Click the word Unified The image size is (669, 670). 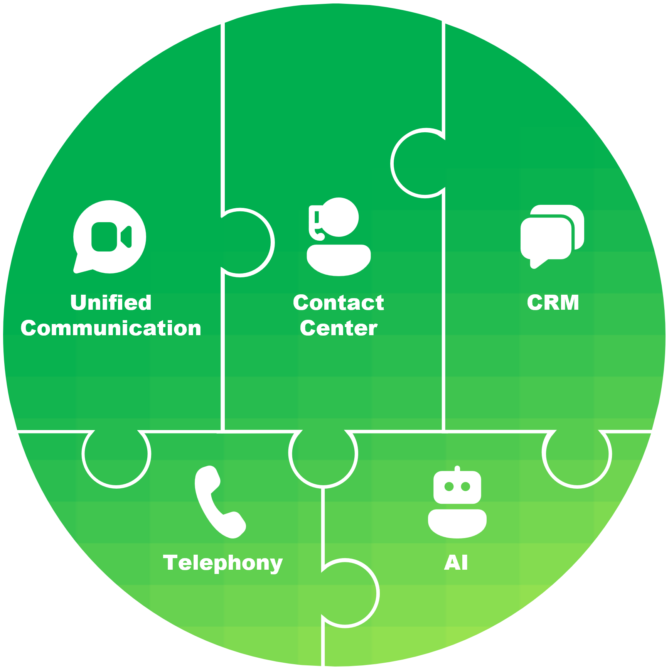111,303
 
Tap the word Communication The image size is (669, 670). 111,329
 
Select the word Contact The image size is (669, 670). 338,303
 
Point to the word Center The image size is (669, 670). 338,329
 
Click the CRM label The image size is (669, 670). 553,303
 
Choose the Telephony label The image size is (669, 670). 223,563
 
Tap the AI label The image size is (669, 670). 456,563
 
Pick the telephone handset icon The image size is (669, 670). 218,501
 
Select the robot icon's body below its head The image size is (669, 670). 457,523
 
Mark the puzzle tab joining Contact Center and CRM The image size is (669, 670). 418,163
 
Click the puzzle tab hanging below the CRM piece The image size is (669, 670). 577,457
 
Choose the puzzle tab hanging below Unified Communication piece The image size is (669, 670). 116,457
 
